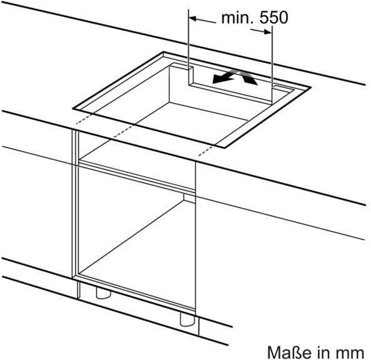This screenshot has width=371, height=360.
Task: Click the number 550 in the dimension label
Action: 274,17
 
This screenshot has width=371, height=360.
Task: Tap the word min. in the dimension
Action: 237,17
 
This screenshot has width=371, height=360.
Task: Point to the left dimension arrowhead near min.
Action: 193,19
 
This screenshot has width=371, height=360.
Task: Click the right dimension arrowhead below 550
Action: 267,32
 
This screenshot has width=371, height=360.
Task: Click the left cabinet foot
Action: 103,292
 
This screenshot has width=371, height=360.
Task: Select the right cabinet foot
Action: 187,319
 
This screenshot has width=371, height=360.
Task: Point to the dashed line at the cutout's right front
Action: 205,151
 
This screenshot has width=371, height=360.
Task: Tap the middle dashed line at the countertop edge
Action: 123,131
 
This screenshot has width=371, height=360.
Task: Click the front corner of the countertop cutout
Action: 224,148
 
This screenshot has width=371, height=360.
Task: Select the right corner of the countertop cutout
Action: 310,87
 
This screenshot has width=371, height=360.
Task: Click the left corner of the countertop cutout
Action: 73,109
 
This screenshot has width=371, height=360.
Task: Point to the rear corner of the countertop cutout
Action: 163,52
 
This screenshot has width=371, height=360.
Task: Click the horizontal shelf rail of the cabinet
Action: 137,175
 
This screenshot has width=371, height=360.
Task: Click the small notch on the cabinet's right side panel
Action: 189,198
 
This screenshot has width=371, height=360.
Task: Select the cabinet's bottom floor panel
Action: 137,292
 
